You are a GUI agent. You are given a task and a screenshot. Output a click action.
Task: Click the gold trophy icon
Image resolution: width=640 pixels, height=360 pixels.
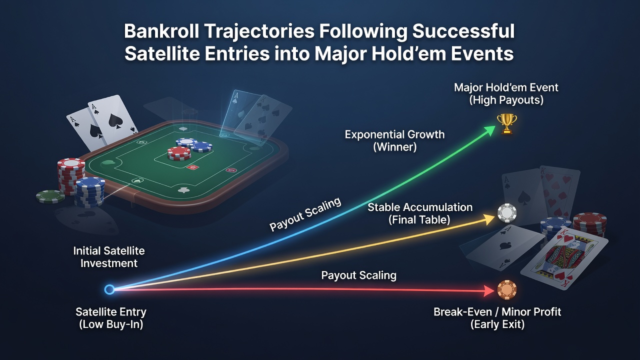coord(507,123)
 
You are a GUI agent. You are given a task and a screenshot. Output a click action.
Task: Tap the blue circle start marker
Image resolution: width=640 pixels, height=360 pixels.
coord(109,289)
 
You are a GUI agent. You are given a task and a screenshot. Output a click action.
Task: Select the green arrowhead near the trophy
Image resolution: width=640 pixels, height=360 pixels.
coord(489,130)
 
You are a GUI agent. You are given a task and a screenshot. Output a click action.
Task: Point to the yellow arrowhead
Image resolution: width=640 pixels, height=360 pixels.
coord(488,219)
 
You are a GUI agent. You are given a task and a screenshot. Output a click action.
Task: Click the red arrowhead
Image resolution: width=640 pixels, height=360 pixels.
coord(488,291)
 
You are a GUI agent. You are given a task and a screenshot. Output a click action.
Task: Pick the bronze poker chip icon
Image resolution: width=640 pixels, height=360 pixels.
coord(507,289)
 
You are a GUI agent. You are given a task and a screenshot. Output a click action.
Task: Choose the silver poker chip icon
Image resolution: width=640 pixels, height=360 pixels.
coord(507,213)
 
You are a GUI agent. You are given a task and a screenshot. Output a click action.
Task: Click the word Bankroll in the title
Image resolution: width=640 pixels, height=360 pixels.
coord(161,31)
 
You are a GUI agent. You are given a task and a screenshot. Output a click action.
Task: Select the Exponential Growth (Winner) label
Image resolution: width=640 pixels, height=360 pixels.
coord(394,140)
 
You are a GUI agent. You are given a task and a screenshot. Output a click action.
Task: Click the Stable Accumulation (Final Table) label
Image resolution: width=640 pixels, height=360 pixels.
coord(419,213)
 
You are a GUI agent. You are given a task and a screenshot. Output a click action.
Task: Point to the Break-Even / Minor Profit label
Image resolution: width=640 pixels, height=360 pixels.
coord(497,317)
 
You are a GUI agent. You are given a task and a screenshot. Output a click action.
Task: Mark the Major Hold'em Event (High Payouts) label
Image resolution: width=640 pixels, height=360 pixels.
coord(506,93)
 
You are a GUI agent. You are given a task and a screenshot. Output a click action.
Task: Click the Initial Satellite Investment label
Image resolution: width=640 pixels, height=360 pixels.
coord(109,257)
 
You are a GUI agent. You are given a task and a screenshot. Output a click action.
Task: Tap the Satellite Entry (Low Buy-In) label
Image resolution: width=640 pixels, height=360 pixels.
coord(111,317)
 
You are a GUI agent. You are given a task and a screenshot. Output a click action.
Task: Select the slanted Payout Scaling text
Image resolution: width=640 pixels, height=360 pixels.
coord(305,214)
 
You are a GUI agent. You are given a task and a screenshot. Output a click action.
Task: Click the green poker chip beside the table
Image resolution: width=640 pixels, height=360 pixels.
coord(50,196)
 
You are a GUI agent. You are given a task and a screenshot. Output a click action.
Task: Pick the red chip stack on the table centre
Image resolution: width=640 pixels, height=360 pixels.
coord(179,153)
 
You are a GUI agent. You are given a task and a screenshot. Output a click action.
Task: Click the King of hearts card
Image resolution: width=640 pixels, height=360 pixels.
coord(564,258)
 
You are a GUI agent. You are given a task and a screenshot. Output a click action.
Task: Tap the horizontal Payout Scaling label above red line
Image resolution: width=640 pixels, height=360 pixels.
coord(358,275)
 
